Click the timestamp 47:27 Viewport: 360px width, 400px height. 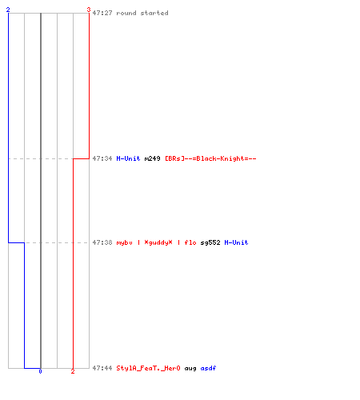102,13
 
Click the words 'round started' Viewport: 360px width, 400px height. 142,13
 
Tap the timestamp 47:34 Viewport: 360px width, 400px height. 102,158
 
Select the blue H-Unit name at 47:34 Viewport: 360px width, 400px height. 128,158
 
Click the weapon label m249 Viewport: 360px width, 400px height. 152,158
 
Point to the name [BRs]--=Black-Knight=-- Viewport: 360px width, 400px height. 210,158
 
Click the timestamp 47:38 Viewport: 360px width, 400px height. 102,242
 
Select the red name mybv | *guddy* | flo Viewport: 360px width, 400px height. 156,242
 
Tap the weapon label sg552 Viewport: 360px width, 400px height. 210,242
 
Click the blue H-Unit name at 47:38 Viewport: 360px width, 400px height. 236,242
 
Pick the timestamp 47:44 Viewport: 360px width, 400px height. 102,368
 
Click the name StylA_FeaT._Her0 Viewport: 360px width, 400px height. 148,368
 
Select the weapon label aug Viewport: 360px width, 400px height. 190,368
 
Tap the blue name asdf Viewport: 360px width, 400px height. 208,368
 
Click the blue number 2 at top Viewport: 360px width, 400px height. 8,10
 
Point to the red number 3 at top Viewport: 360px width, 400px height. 89,10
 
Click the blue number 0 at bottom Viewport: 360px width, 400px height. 40,371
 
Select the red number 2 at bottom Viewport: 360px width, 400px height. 73,371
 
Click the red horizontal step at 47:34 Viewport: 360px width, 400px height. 81,158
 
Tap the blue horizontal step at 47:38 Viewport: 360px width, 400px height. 17,242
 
